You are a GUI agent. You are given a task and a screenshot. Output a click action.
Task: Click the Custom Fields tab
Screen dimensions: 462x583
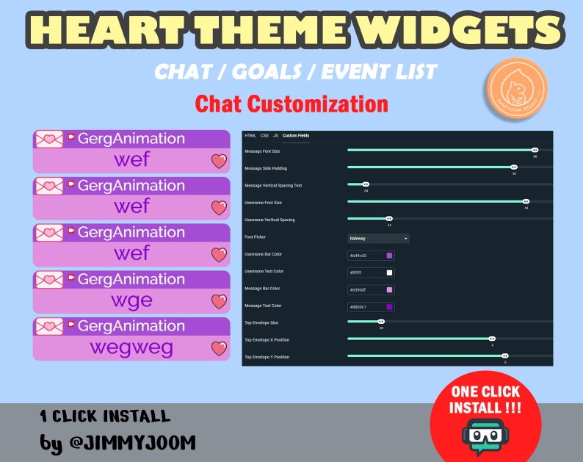[296, 136]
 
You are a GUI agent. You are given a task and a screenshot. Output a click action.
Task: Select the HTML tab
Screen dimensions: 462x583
[250, 136]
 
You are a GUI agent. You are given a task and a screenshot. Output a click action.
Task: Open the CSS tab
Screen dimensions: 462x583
[264, 136]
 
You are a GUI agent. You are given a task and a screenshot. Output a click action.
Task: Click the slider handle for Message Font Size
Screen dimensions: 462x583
[535, 150]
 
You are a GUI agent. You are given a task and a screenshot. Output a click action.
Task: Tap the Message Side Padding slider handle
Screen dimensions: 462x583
[514, 167]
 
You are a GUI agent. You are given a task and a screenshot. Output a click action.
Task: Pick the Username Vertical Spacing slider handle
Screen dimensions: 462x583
[389, 218]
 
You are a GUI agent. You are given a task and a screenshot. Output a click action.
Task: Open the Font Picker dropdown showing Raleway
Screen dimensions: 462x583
[378, 238]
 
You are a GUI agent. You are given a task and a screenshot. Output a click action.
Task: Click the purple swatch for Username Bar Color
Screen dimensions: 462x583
[389, 256]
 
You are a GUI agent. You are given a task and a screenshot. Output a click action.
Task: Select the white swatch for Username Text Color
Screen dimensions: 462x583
[389, 272]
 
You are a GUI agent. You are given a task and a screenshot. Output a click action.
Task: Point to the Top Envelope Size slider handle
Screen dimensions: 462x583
[381, 321]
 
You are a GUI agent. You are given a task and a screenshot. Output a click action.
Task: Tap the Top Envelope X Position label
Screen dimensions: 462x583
[267, 339]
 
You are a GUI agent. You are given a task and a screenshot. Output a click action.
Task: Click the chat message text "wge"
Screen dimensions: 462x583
[131, 300]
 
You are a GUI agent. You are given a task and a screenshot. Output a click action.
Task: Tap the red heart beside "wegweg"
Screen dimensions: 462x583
[219, 348]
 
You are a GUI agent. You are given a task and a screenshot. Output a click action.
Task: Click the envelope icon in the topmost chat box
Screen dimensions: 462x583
[49, 140]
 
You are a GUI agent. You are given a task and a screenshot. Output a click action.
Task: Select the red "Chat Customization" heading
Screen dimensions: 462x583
[291, 103]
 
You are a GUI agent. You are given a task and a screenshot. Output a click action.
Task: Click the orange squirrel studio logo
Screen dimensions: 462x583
[515, 89]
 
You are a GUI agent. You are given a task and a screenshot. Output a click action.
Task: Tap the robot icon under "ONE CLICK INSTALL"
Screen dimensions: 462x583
[482, 437]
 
